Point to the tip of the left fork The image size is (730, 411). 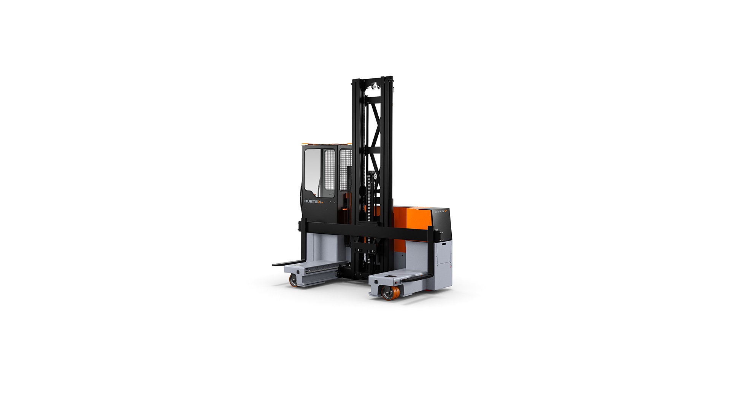point(275,263)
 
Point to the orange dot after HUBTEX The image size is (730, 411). point(322,203)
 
